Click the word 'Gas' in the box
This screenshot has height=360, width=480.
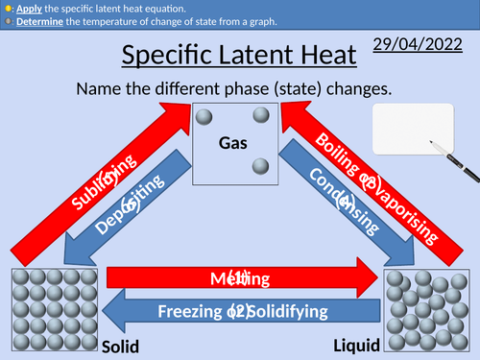233,143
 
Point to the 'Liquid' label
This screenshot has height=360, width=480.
356,344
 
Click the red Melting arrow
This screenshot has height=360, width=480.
240,279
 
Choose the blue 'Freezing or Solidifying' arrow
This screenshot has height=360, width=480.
240,312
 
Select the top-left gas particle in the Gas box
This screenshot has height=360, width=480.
203,116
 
